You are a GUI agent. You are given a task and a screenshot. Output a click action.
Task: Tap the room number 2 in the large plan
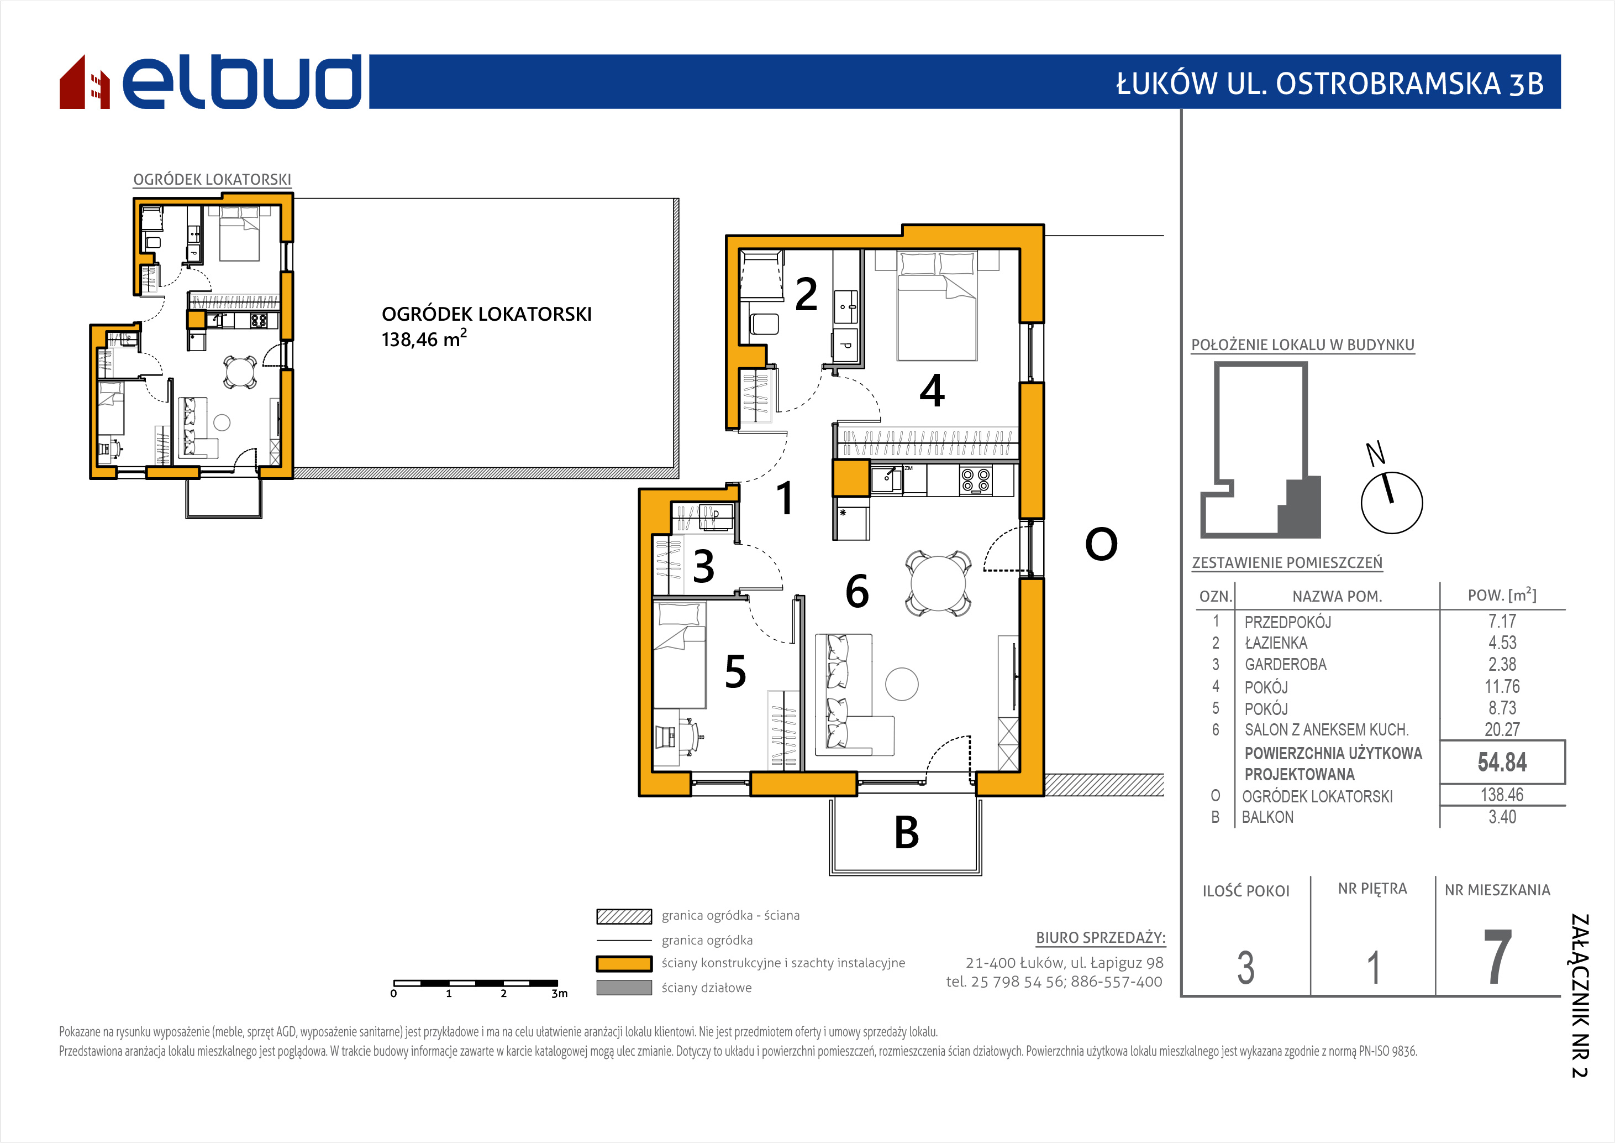(806, 294)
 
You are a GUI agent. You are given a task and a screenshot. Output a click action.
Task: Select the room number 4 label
(932, 390)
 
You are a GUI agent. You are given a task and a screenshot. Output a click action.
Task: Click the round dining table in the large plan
(938, 583)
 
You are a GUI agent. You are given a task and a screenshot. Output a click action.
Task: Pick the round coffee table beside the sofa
(902, 683)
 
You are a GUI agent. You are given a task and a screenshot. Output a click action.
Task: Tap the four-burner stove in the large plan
(976, 480)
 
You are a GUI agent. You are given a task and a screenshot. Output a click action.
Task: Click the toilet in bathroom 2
(765, 325)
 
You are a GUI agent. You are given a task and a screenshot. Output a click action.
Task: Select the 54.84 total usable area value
(1502, 762)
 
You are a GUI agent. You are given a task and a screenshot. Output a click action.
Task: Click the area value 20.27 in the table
(1502, 730)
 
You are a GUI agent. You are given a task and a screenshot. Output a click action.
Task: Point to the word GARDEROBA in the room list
(1286, 665)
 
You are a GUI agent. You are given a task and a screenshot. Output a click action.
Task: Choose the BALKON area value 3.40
(1502, 817)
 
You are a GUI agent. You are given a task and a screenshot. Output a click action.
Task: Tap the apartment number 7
(1497, 957)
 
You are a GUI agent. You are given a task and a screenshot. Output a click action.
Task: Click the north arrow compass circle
(1391, 503)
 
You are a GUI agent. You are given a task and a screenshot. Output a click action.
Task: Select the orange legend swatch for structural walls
(624, 963)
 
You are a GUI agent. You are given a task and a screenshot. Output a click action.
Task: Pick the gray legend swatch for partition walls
(624, 988)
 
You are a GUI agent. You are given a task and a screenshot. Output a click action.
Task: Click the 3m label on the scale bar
(559, 994)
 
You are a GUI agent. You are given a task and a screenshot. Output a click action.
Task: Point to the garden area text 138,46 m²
(424, 338)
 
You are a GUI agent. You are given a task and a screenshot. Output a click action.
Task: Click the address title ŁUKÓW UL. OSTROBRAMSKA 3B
(1330, 83)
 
